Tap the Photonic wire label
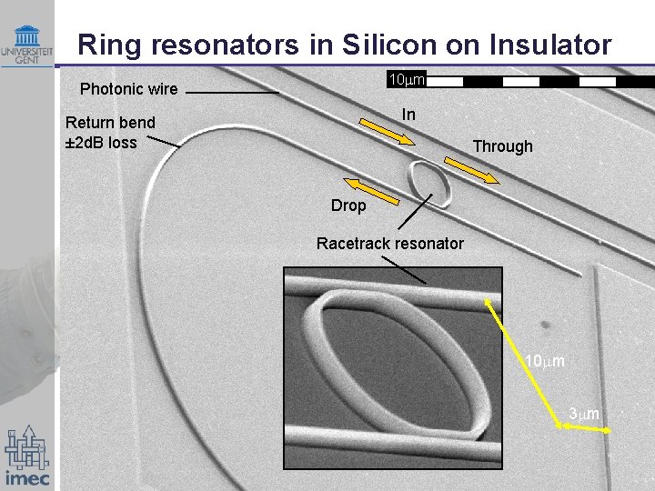[x=128, y=89]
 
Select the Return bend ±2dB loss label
[x=110, y=132]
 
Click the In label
[x=408, y=115]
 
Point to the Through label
[x=502, y=146]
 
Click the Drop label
[x=348, y=205]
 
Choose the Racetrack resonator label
[x=389, y=243]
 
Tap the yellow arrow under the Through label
[x=470, y=171]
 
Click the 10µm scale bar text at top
[x=407, y=80]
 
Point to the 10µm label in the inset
[x=544, y=361]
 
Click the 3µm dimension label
[x=584, y=414]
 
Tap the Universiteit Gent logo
[x=27, y=45]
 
